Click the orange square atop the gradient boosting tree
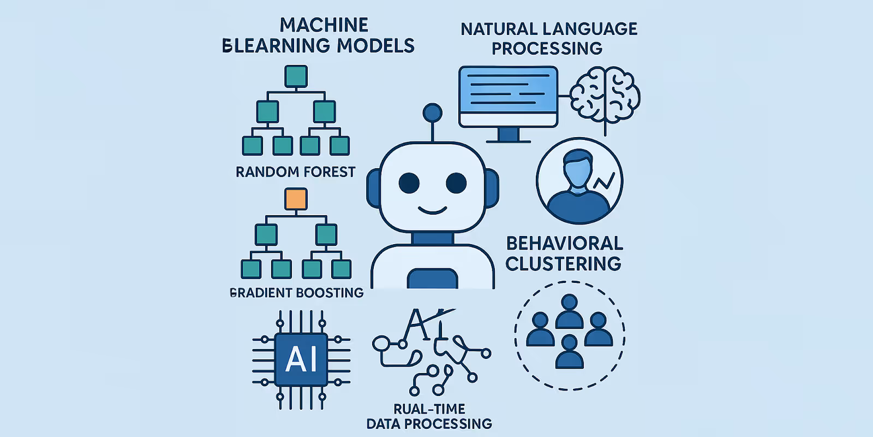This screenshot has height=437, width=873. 296,199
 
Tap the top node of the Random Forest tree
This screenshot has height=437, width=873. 296,76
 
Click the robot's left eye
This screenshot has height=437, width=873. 409,183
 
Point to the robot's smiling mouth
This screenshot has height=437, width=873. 432,210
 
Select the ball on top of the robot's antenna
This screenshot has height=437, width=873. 432,113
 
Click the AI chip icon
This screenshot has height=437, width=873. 301,359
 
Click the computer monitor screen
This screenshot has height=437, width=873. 508,90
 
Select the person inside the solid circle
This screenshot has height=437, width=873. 578,183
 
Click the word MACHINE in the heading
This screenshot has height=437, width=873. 324,25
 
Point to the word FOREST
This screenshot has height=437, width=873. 329,172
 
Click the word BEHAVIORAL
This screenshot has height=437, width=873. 564,243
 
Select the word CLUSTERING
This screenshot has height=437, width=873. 563,264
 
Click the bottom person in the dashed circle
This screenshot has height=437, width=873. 569,352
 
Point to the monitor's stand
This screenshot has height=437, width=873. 508,134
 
